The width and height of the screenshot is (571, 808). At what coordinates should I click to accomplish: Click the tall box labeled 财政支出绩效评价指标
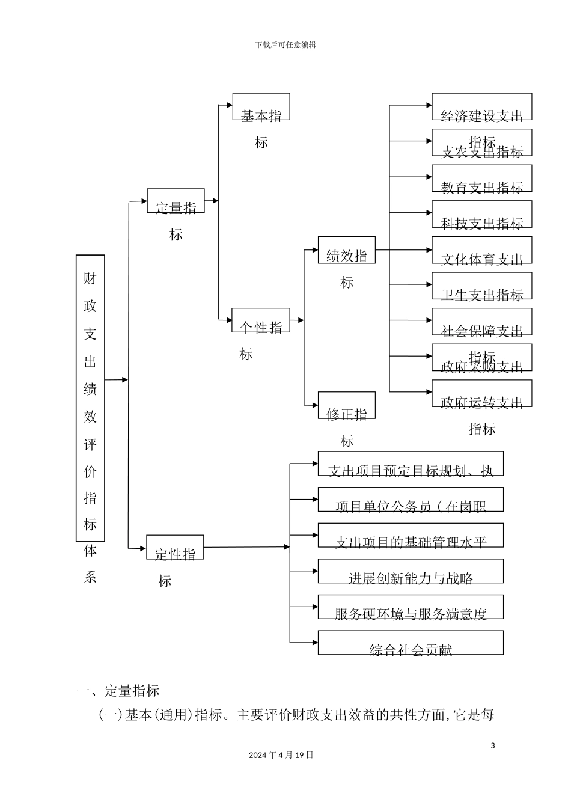[90, 398]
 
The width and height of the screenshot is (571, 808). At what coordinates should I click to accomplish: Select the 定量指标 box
[176, 201]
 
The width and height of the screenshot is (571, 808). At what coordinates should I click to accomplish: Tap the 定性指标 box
[175, 547]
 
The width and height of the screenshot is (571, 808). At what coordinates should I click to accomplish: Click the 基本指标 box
[261, 106]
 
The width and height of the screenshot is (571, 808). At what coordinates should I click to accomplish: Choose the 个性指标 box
[261, 320]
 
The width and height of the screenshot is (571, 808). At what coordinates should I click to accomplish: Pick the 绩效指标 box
[346, 249]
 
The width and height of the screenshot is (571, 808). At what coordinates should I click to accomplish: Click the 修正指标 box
[346, 405]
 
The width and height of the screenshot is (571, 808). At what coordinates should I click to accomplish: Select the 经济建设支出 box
[481, 106]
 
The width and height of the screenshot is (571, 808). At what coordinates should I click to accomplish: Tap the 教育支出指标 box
[481, 179]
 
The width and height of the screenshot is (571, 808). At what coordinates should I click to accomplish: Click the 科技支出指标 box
[481, 214]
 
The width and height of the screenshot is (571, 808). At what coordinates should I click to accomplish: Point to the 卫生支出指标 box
[481, 286]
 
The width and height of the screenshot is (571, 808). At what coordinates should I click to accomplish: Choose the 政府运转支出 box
[481, 393]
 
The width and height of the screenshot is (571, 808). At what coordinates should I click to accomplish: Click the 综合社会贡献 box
[411, 643]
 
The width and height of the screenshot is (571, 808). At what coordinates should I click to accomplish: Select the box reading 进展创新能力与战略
[411, 571]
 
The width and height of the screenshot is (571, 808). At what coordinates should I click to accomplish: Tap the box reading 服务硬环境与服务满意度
[411, 607]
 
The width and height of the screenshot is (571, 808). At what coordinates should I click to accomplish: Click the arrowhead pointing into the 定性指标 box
[143, 548]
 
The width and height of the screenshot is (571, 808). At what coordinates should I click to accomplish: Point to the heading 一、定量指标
[118, 691]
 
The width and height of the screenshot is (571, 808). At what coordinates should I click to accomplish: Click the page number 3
[493, 746]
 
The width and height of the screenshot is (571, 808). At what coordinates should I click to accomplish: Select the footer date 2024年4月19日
[281, 755]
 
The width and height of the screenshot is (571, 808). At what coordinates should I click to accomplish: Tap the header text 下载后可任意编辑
[285, 45]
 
